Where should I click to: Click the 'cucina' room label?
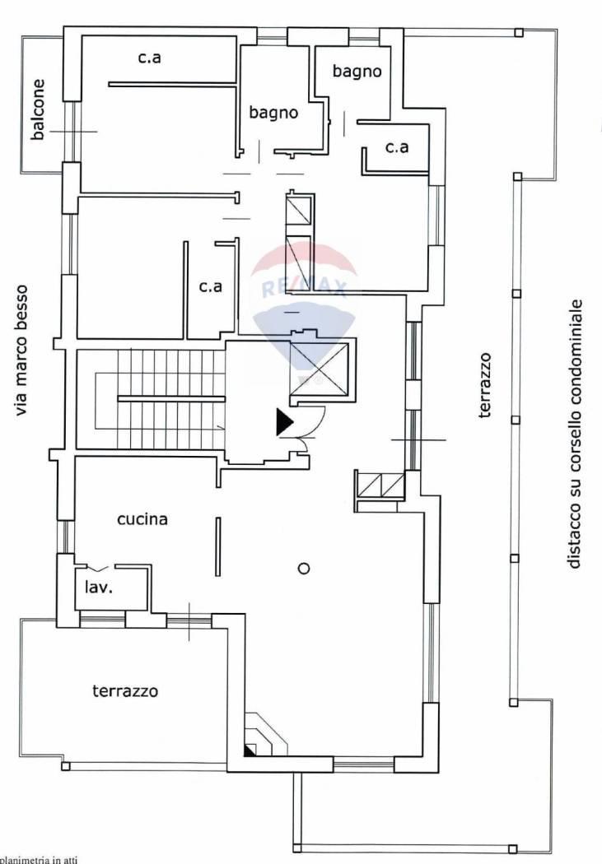tap(142, 519)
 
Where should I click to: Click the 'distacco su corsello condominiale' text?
tap(575, 433)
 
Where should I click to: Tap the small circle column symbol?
tap(304, 568)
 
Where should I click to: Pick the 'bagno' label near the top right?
tap(357, 71)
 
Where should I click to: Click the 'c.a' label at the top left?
tap(149, 58)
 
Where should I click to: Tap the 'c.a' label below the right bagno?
tap(397, 147)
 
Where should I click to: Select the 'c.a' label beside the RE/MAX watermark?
tap(211, 286)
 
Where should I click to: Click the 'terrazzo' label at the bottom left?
tap(125, 691)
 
